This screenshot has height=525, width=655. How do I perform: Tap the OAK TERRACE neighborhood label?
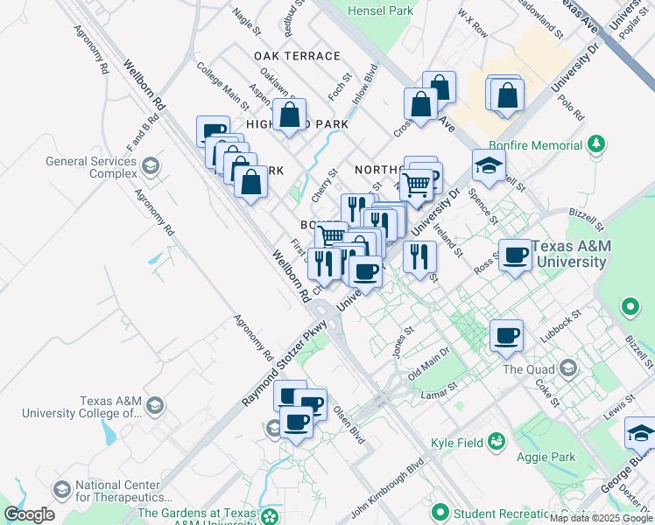297,56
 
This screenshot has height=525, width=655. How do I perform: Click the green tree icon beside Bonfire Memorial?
596,143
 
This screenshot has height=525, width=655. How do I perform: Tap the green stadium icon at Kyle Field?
497,440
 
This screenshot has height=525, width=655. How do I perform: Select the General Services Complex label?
91,167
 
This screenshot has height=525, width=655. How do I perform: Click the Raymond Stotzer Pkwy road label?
284,361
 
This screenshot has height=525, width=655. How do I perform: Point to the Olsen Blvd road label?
347,424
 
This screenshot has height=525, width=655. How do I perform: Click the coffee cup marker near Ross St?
516,255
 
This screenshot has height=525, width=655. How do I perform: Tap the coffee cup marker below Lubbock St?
505,334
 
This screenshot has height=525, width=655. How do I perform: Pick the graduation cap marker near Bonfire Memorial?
489,164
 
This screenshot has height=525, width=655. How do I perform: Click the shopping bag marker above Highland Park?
289,115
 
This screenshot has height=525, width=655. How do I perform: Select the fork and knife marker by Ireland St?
419,256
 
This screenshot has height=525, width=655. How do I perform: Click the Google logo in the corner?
29,514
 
